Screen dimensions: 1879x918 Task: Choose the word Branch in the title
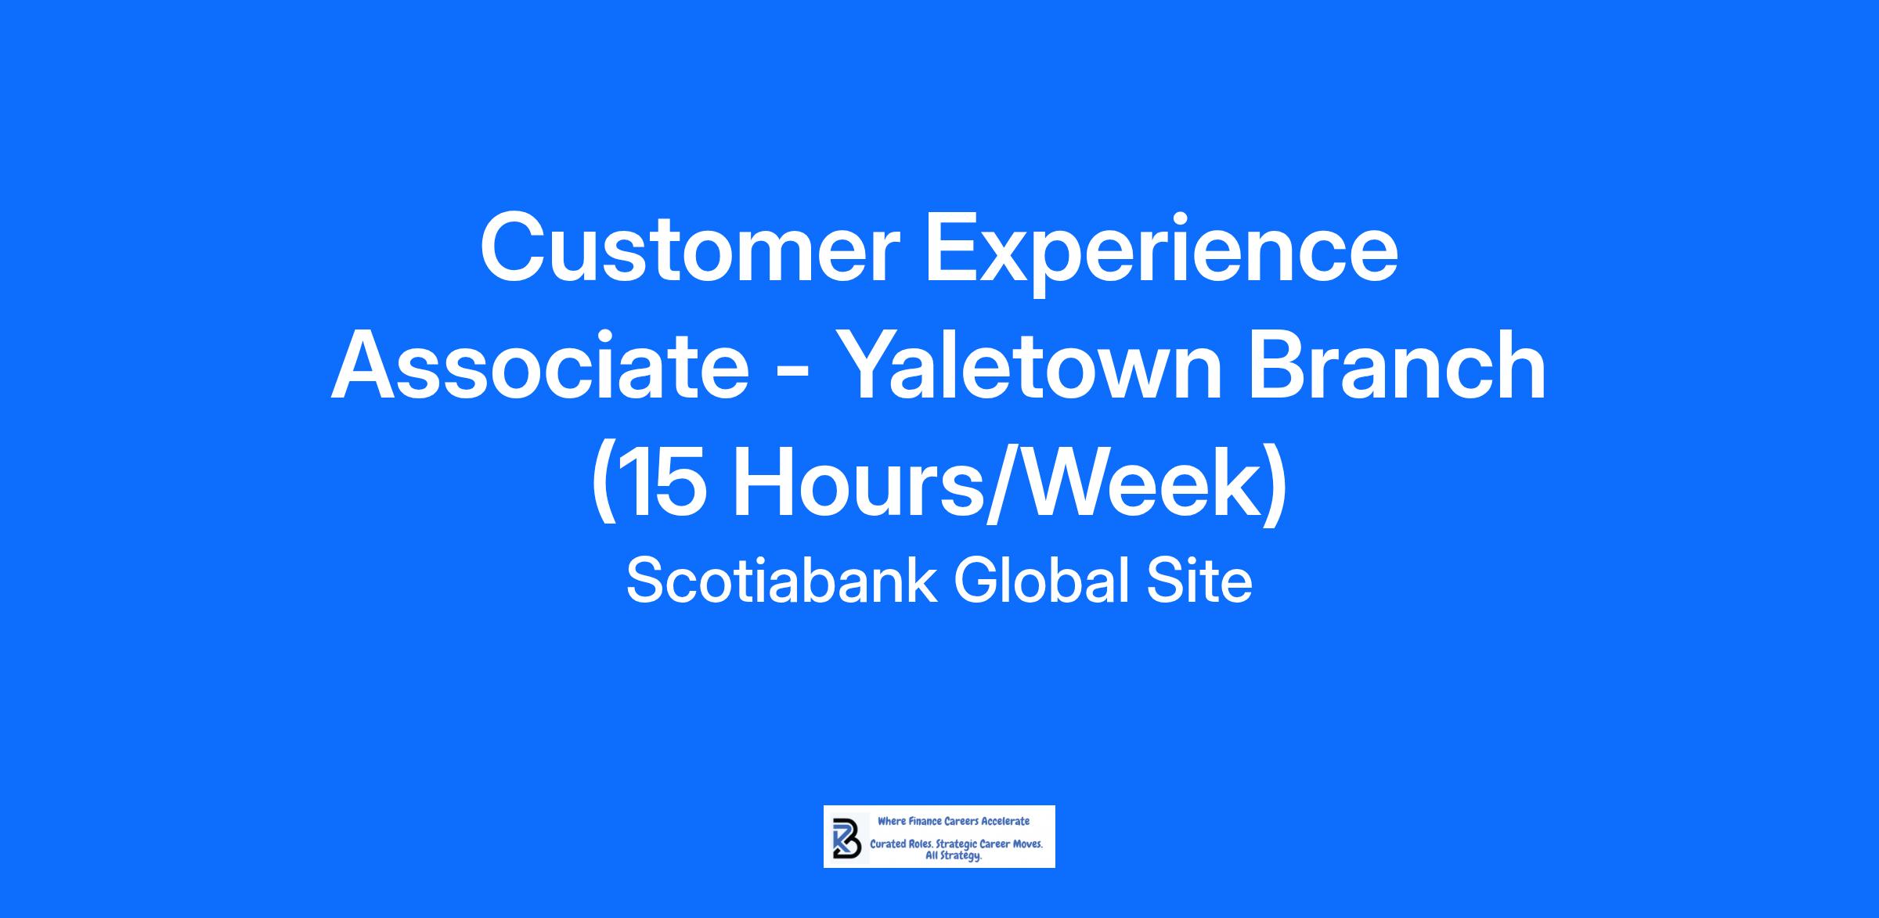point(1397,365)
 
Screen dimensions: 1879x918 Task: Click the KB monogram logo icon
point(846,838)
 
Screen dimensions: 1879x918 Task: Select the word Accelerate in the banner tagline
point(1005,822)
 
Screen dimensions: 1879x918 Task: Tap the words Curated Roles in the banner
point(901,845)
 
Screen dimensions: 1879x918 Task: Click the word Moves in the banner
point(1026,845)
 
